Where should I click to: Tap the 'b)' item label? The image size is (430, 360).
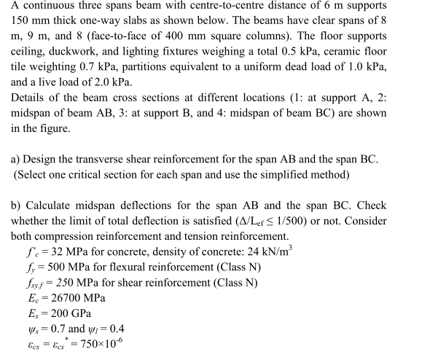pos(17,206)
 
